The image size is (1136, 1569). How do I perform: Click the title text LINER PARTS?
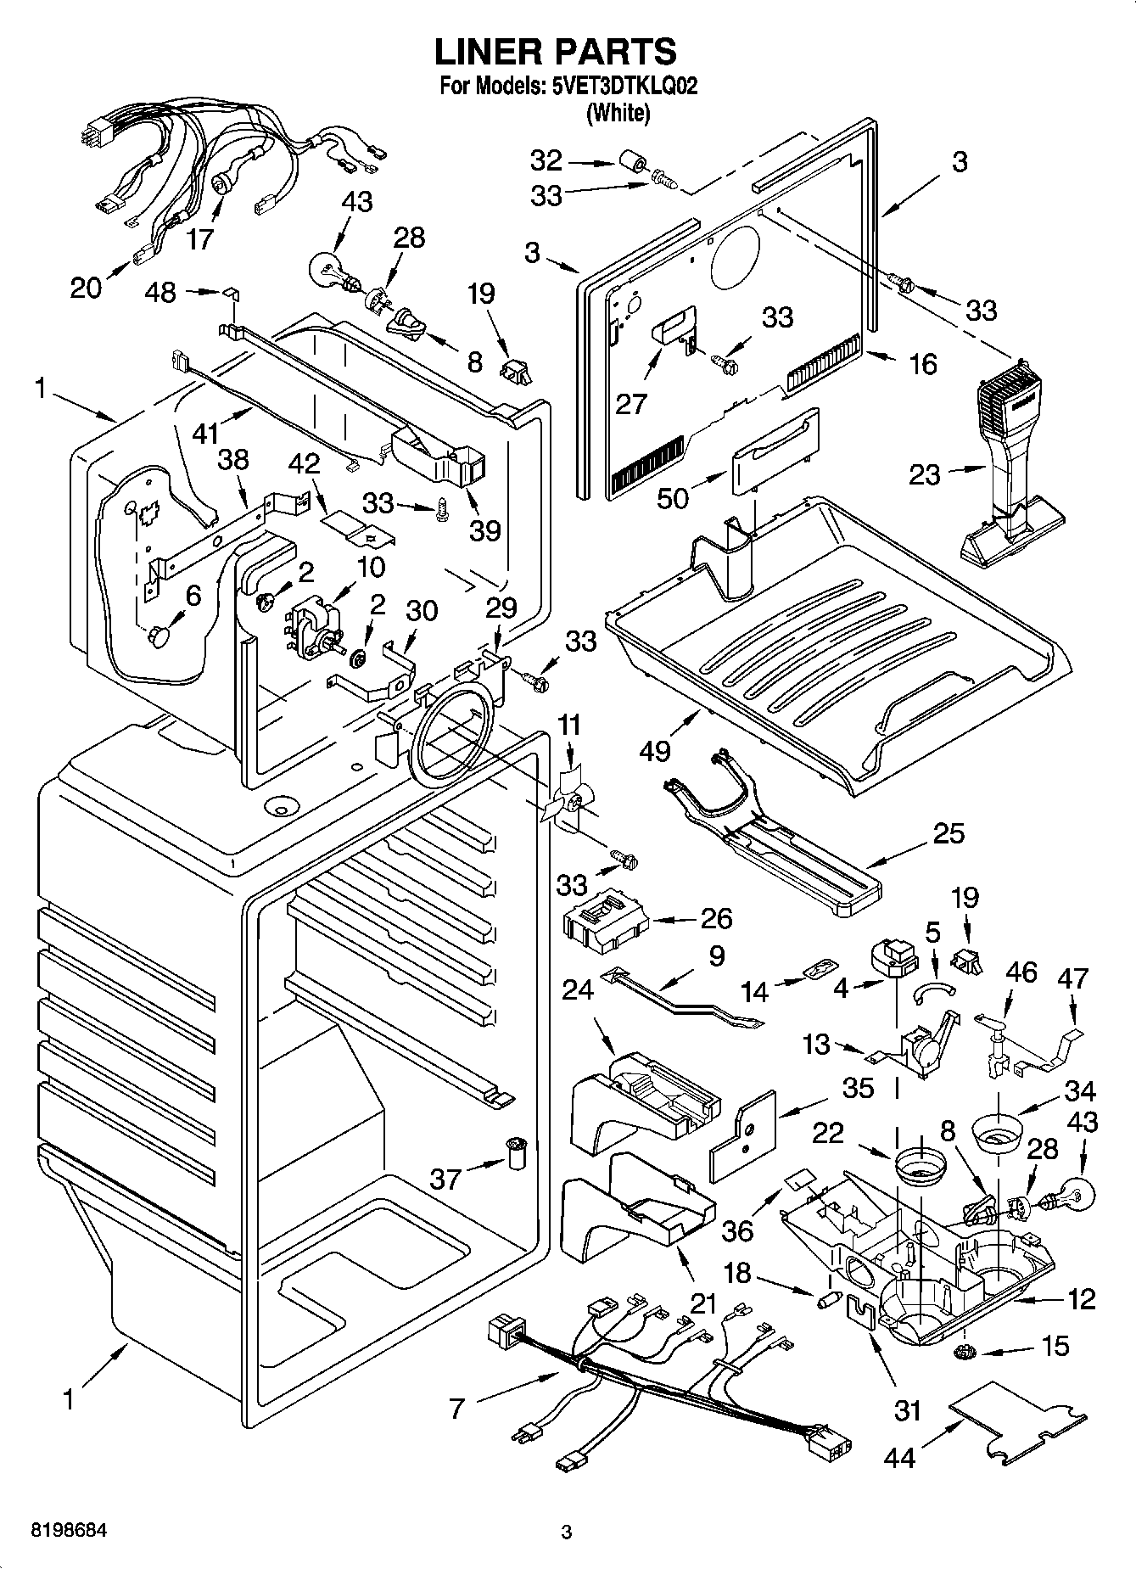point(556,52)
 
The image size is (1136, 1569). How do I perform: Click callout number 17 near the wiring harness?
point(200,238)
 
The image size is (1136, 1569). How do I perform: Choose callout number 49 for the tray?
point(656,749)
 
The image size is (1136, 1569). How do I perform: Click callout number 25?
point(948,833)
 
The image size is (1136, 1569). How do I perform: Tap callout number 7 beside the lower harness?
point(456,1408)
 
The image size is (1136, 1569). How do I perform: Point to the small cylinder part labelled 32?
point(630,160)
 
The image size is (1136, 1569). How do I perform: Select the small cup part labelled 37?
point(514,1153)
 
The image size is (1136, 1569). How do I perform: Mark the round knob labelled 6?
point(159,636)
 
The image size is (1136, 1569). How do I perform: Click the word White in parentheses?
point(618,112)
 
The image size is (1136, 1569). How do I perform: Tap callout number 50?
point(673,497)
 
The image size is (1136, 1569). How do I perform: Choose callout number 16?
point(922,364)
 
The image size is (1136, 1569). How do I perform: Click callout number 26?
point(716,918)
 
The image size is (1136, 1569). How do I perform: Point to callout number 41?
point(206,434)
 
